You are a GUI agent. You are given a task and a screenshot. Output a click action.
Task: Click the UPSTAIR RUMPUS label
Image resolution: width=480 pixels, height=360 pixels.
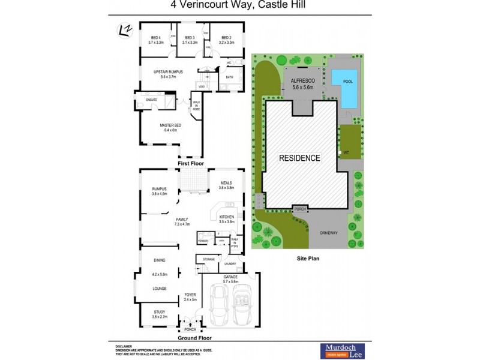(x=168, y=74)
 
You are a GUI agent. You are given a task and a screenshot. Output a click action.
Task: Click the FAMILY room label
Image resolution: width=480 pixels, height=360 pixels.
(x=182, y=221)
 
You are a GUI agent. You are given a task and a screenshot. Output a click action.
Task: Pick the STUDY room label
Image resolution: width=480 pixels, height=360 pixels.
(x=160, y=312)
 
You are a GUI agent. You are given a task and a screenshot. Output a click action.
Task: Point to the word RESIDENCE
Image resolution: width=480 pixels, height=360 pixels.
(x=300, y=158)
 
